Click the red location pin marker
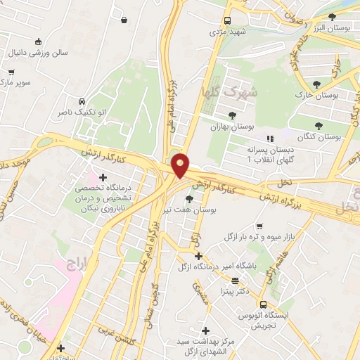pyautogui.click(x=181, y=165)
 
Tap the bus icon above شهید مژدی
pyautogui.click(x=227, y=21)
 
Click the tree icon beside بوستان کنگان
pyautogui.click(x=319, y=125)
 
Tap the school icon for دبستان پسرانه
pyautogui.click(x=269, y=139)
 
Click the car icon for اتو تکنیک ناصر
pyautogui.click(x=83, y=101)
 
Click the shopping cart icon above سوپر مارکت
pyautogui.click(x=12, y=72)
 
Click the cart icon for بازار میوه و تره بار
pyautogui.click(x=259, y=226)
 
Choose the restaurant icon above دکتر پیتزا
pyautogui.click(x=234, y=280)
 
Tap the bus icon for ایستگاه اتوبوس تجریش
pyautogui.click(x=262, y=304)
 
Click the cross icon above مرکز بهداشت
pyautogui.click(x=205, y=330)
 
